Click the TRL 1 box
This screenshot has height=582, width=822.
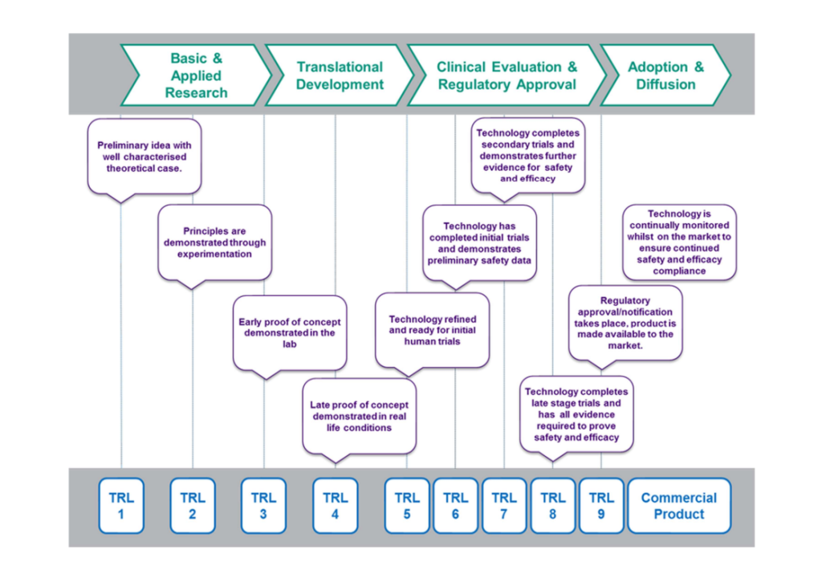pyautogui.click(x=121, y=506)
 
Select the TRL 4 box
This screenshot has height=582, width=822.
pyautogui.click(x=335, y=506)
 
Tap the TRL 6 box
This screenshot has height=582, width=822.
pyautogui.click(x=455, y=506)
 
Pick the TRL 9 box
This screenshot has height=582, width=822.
pyautogui.click(x=601, y=506)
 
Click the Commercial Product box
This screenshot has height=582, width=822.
pyautogui.click(x=679, y=506)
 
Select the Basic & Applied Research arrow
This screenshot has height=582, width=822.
pyautogui.click(x=196, y=75)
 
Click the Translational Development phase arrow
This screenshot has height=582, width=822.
pyautogui.click(x=339, y=75)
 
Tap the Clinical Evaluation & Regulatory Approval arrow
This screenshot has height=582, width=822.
pyautogui.click(x=507, y=75)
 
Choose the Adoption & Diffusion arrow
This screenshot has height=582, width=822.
pyautogui.click(x=665, y=75)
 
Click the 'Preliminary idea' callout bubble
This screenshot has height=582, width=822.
pyautogui.click(x=144, y=157)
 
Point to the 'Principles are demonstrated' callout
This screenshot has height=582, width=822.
pyautogui.click(x=215, y=242)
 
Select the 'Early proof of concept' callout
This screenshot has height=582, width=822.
pyautogui.click(x=290, y=332)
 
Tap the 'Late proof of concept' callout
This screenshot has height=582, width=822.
pyautogui.click(x=359, y=416)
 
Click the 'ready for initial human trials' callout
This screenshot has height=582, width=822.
pyautogui.click(x=432, y=330)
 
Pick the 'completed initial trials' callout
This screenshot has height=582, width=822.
pyautogui.click(x=480, y=243)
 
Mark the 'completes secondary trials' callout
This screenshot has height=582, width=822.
pyautogui.click(x=527, y=156)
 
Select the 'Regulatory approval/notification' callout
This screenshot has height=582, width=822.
pyautogui.click(x=625, y=323)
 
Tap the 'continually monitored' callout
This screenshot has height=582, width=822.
pyautogui.click(x=679, y=242)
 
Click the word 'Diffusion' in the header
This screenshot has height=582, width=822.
pyautogui.click(x=665, y=84)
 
